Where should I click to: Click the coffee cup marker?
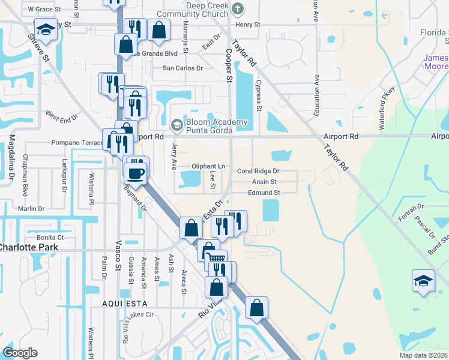pos(136,173)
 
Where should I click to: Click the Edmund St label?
pos(264,193)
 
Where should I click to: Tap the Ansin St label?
pos(264,182)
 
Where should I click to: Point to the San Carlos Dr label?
pos(183,68)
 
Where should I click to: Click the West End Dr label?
pos(61,115)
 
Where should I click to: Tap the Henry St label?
pos(248,25)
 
